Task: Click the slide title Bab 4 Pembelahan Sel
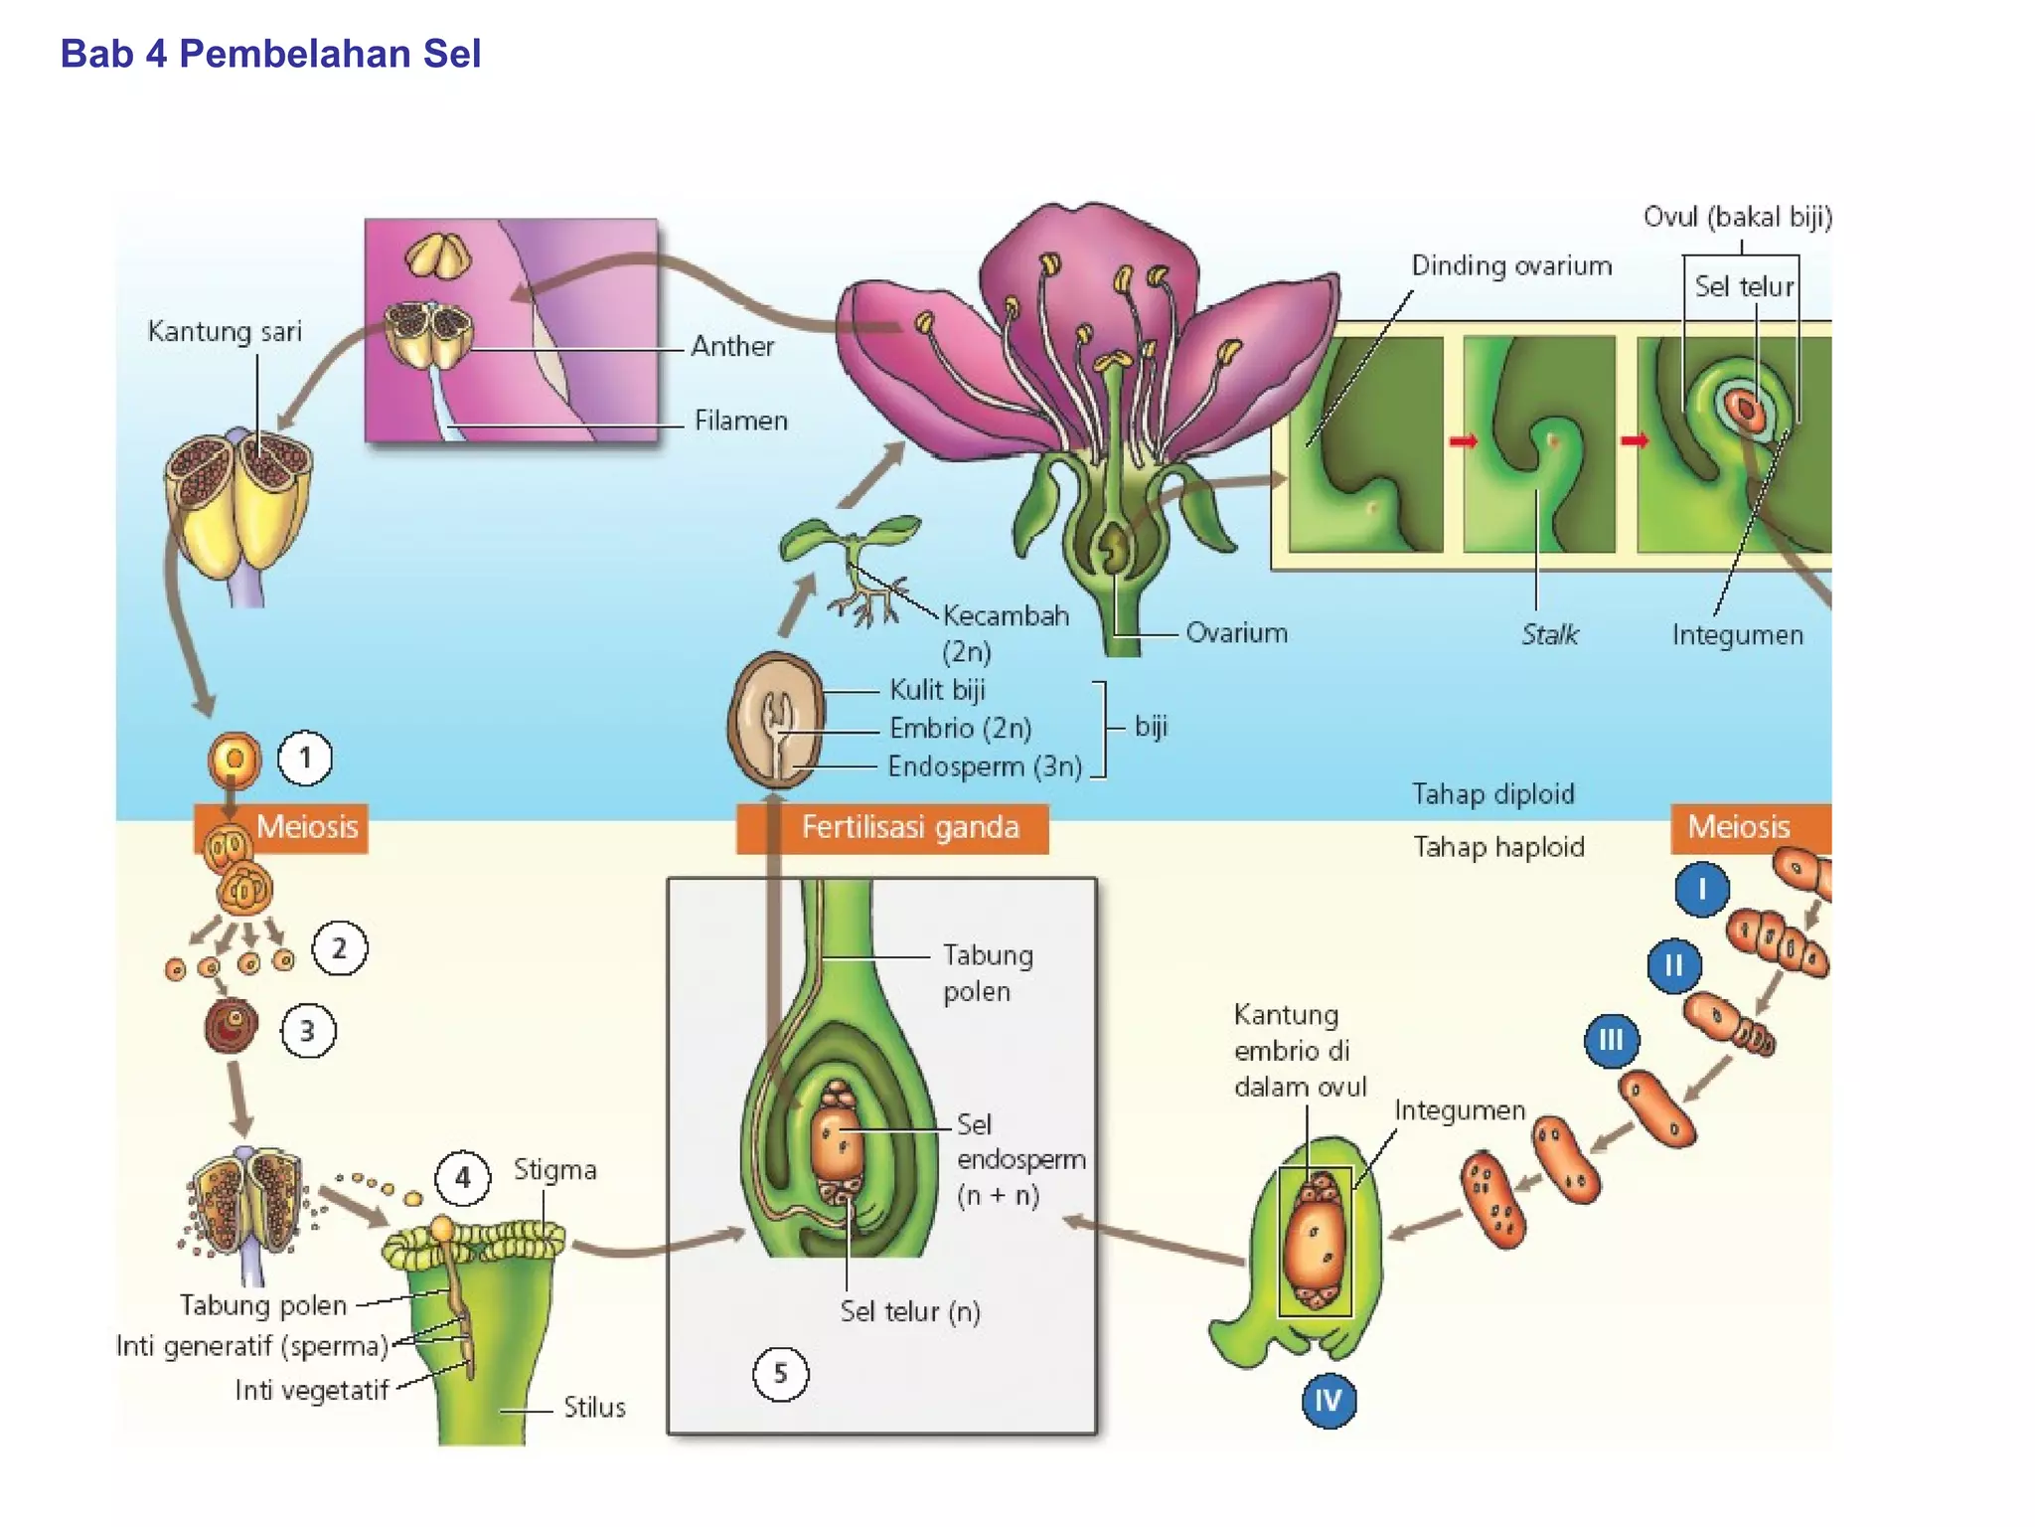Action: [270, 54]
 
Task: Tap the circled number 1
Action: [305, 759]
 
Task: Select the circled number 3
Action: [308, 1031]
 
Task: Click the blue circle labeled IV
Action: [1329, 1401]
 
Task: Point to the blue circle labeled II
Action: [1674, 965]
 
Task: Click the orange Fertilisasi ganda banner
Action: [892, 828]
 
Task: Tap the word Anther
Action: [732, 346]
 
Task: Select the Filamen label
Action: [740, 421]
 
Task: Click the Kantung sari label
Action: [225, 331]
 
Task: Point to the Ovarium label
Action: [1236, 633]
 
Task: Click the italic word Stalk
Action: [1549, 634]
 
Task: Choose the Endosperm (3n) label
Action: [984, 766]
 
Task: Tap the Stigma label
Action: [554, 1170]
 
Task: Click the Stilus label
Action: [594, 1408]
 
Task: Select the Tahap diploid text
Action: [1492, 794]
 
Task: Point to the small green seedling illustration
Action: [853, 567]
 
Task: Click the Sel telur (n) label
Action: [909, 1312]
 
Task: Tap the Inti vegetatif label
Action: [311, 1390]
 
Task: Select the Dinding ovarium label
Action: [1510, 266]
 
